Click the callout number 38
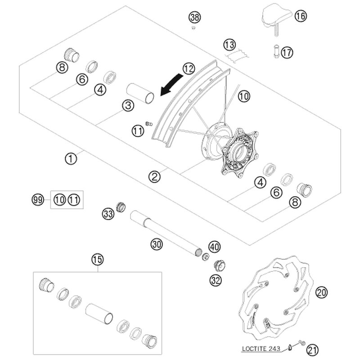(x=194, y=18)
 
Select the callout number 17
(x=287, y=53)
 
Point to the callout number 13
(x=229, y=45)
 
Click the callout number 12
(x=189, y=69)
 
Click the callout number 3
(x=128, y=106)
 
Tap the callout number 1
(x=70, y=158)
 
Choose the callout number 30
(x=156, y=244)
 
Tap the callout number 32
(x=216, y=281)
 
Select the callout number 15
(x=97, y=259)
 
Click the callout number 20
(x=320, y=293)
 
